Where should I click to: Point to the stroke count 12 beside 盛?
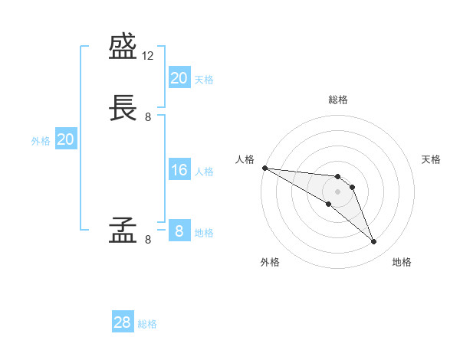148,57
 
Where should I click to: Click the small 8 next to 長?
148,117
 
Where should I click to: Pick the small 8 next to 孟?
148,239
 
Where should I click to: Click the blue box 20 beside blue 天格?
179,78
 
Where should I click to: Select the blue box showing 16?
179,170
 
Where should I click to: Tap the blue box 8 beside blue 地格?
179,231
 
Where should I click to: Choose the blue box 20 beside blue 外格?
65,139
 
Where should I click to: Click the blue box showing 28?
122,322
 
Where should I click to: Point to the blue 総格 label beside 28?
147,324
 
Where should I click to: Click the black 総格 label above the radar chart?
338,100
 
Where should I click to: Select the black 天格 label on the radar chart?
432,159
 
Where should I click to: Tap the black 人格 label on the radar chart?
244,159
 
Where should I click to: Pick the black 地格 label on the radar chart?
402,262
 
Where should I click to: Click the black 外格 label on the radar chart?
270,262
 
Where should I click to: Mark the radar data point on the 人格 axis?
264,168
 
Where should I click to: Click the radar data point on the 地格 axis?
374,242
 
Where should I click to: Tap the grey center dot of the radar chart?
337,191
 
